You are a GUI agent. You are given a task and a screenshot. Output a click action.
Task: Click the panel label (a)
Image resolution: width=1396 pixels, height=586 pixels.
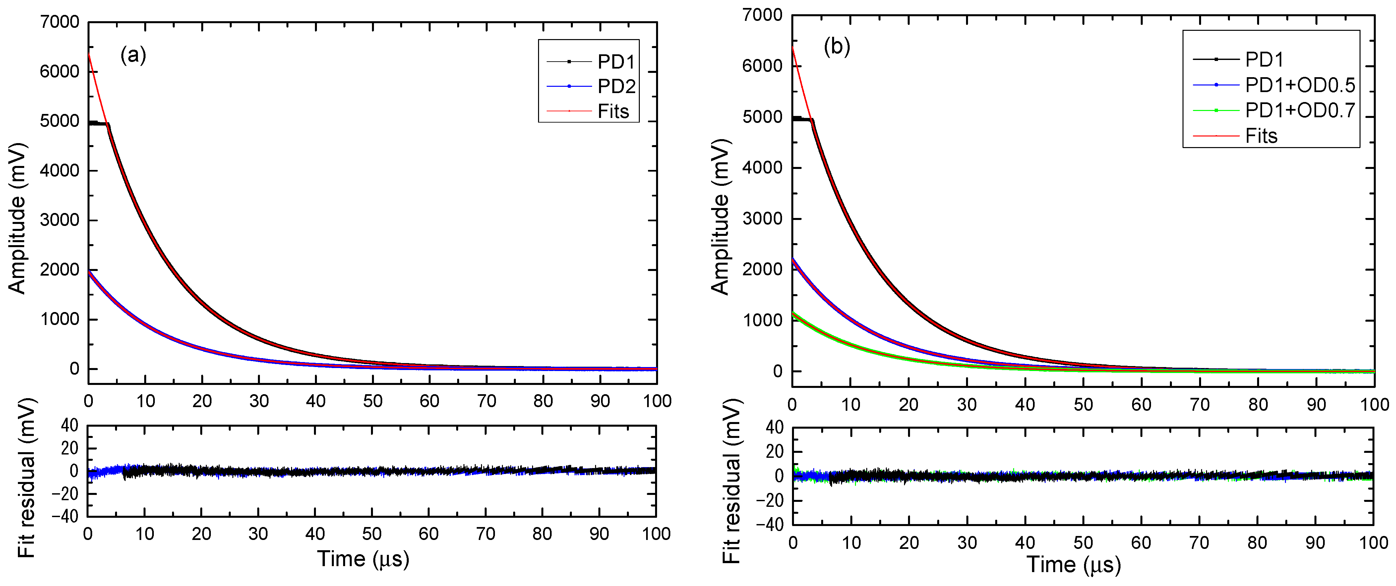tap(133, 55)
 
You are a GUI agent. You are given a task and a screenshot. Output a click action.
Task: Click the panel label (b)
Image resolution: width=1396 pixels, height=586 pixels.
tap(837, 48)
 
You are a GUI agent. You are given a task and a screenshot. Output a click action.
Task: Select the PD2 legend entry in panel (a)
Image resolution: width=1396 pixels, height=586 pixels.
tap(616, 87)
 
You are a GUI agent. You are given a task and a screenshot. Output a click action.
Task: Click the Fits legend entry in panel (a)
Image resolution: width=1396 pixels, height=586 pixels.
tap(613, 112)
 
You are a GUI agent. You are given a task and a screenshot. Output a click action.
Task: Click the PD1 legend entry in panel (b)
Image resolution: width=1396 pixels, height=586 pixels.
tap(1264, 60)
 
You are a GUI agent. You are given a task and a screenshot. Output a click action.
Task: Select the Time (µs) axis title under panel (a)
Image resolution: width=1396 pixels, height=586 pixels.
tap(363, 559)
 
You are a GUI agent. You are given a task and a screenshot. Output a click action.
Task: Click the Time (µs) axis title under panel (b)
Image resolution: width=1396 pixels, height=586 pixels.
tap(1073, 565)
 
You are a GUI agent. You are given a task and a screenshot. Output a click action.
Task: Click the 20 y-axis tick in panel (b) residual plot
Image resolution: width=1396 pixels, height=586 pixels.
tap(775, 452)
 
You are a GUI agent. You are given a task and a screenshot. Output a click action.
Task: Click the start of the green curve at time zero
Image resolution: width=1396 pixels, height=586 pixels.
tap(793, 313)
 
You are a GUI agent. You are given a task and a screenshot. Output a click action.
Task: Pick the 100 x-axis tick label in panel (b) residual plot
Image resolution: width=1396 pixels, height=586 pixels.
tap(1373, 543)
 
